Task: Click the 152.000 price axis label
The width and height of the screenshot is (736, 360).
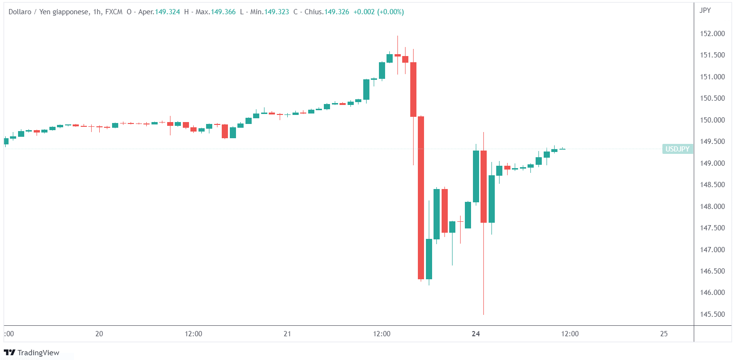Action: (713, 34)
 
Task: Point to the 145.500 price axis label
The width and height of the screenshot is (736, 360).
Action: (713, 314)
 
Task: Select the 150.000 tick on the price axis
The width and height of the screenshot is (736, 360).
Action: (713, 120)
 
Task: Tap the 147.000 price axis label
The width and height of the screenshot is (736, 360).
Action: (713, 250)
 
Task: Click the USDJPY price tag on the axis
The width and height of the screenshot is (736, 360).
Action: (678, 149)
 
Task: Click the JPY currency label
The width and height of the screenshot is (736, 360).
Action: (705, 10)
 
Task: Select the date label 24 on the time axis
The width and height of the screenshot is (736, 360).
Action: (476, 334)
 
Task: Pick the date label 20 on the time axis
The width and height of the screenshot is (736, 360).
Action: (99, 334)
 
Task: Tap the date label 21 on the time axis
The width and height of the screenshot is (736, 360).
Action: (287, 334)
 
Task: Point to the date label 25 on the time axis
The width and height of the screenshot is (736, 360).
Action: (664, 334)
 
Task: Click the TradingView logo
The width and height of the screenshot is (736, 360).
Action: (32, 352)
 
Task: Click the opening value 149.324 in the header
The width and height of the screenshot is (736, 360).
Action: (167, 12)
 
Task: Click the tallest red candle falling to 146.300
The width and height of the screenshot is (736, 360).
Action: (421, 197)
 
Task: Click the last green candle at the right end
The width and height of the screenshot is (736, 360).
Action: (562, 149)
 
